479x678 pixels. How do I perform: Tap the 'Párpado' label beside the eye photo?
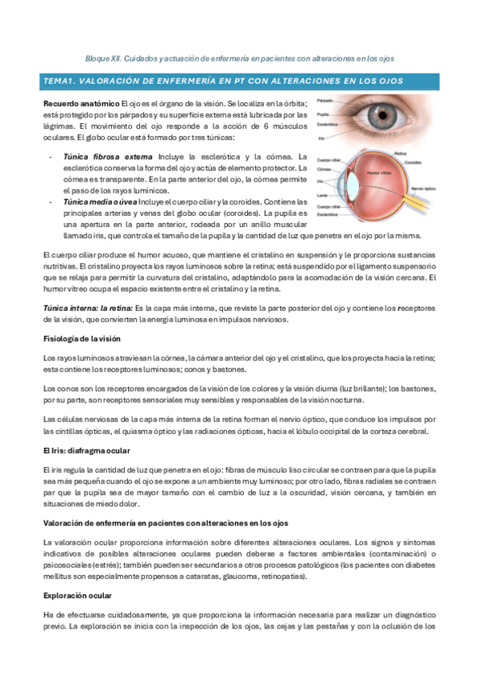tap(325, 101)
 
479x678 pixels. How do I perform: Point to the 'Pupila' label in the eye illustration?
tap(323, 114)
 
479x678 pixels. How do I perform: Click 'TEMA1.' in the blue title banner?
tap(61, 82)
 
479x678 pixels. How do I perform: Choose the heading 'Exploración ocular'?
tap(78, 596)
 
